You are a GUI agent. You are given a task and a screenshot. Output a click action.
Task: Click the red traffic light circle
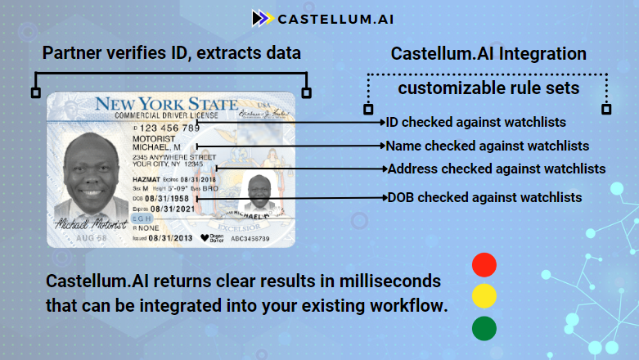coord(484,264)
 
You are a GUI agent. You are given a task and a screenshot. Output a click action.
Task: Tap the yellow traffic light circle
coord(484,296)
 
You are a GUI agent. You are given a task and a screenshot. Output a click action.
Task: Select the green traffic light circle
coord(484,329)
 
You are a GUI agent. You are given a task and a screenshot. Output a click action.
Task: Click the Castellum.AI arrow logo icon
coord(262,17)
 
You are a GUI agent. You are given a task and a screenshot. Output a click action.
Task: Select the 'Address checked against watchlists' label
coord(496,169)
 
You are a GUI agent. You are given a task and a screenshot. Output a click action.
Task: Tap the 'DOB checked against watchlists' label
coord(484,197)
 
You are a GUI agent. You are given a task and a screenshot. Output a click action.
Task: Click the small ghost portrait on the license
coord(259,194)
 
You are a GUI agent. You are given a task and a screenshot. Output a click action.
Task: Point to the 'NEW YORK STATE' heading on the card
coord(166,105)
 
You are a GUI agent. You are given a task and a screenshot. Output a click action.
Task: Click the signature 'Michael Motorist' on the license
coord(90,223)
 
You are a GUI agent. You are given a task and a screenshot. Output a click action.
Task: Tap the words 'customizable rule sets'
coord(487,87)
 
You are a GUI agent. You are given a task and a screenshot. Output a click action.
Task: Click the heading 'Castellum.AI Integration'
coord(488,54)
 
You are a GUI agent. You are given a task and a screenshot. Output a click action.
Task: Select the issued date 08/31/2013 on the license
coord(169,238)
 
